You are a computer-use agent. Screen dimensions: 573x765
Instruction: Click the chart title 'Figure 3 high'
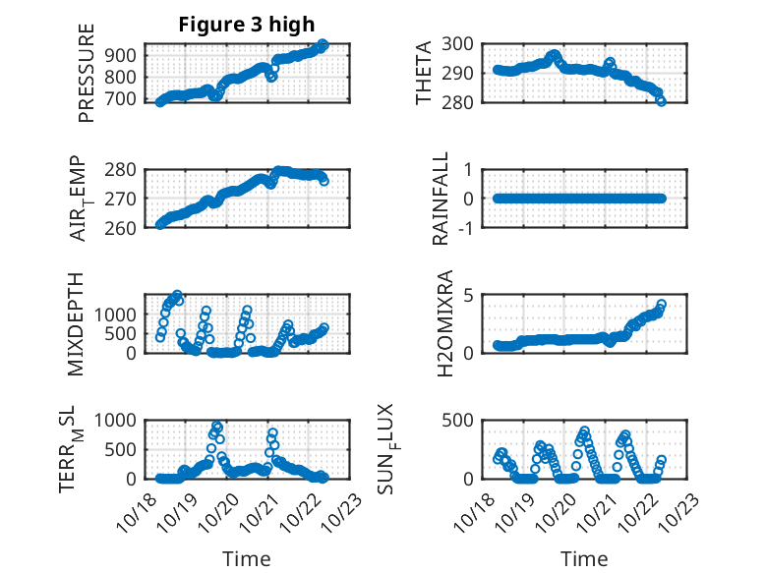pyautogui.click(x=246, y=25)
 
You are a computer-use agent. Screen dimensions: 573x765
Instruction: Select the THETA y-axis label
pyautogui.click(x=424, y=73)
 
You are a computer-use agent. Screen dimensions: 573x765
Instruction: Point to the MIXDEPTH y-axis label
pyautogui.click(x=77, y=323)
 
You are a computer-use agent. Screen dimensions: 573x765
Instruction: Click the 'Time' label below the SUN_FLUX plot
pyautogui.click(x=584, y=558)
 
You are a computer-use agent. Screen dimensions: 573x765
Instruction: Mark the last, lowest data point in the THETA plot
pyautogui.click(x=661, y=100)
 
